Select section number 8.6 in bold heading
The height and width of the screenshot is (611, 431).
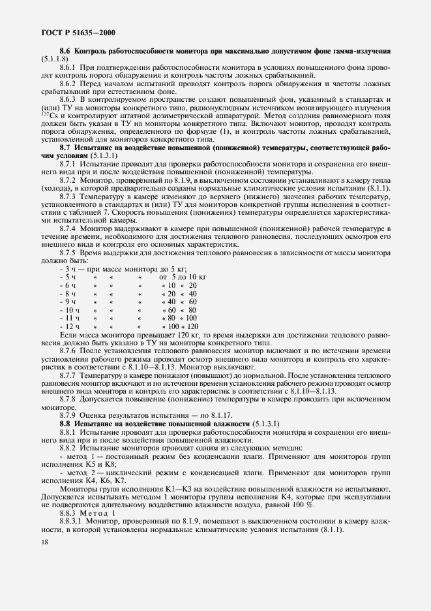[65, 51]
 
